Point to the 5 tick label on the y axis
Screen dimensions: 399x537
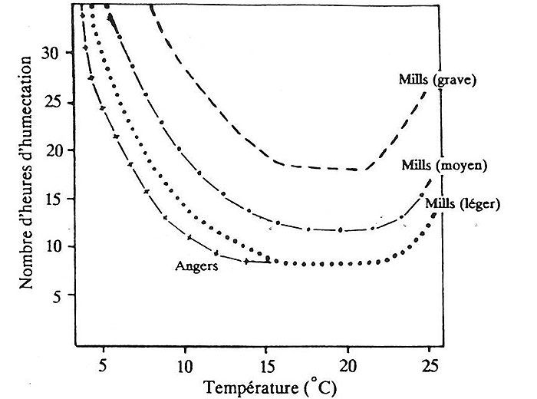click(57, 295)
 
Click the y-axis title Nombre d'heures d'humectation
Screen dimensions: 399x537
click(26, 176)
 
